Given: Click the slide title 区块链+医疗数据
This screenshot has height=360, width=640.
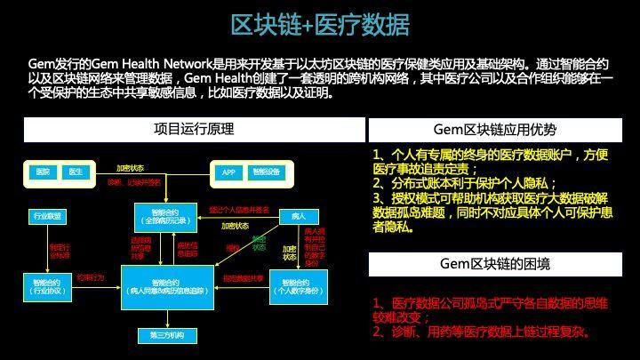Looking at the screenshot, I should (x=319, y=25).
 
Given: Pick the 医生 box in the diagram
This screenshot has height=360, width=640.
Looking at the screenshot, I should (x=76, y=171).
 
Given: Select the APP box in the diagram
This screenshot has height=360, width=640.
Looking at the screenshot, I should (x=227, y=171).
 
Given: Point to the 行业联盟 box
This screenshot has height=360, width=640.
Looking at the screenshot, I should (x=47, y=216).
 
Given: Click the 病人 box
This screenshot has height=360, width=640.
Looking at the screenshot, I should (x=298, y=216).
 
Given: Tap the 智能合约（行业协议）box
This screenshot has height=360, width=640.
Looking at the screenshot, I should (x=47, y=285).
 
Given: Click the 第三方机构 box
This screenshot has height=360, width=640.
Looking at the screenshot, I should (x=167, y=335).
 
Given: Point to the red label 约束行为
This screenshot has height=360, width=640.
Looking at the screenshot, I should (x=90, y=277).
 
